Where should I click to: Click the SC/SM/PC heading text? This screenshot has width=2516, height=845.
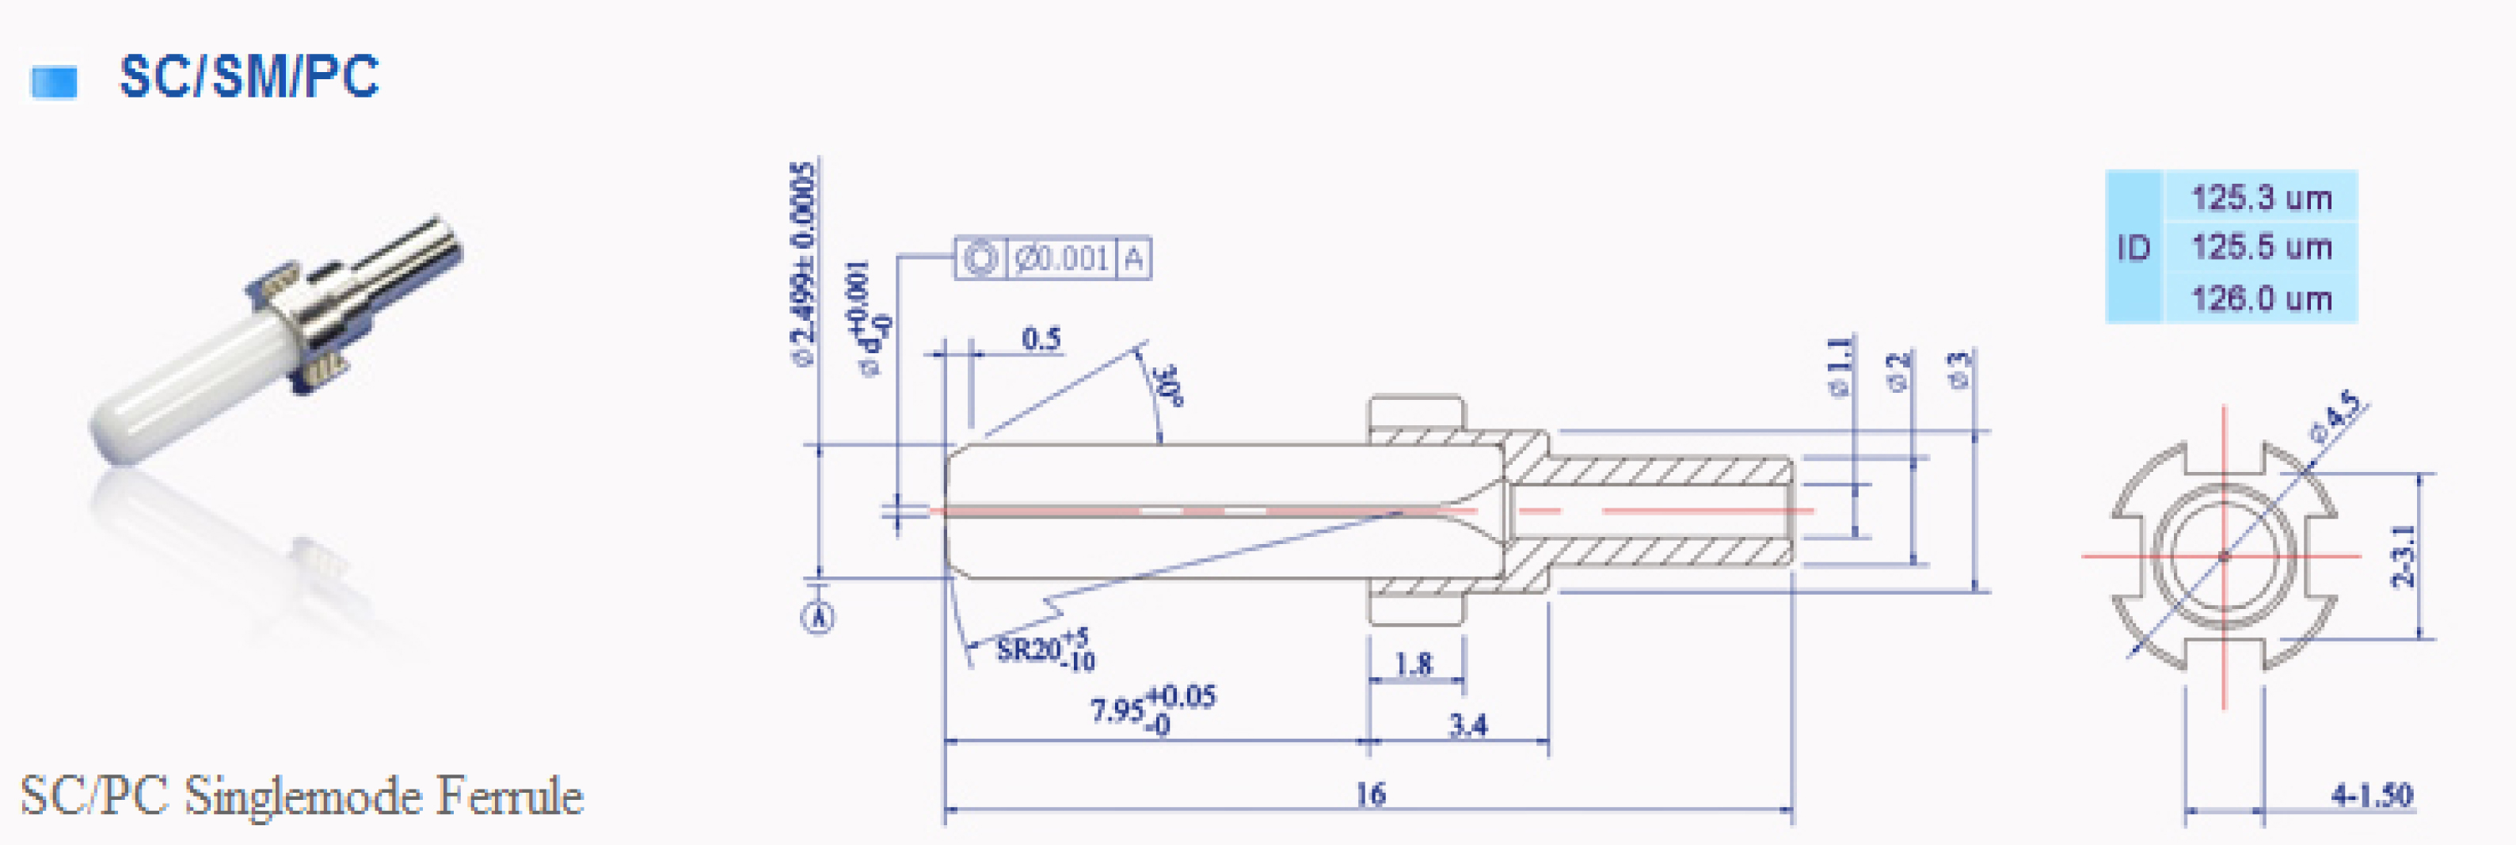point(249,76)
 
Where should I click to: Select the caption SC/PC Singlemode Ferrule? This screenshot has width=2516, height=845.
point(302,796)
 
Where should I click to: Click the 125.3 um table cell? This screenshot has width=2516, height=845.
point(2261,197)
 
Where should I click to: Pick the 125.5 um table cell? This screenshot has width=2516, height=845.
point(2261,247)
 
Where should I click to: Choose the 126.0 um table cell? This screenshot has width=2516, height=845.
point(2261,298)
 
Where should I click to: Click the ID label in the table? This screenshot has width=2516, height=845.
point(2134,248)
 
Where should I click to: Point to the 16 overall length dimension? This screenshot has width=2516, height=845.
point(1369,794)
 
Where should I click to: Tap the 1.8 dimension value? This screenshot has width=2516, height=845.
point(1414,664)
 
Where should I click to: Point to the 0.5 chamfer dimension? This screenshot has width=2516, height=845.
point(1041,339)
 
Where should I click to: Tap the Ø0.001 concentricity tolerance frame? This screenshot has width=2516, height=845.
point(1053,259)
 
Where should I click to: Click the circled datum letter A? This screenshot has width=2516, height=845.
point(819,618)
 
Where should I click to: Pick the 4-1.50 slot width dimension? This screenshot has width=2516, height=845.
point(2371,795)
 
